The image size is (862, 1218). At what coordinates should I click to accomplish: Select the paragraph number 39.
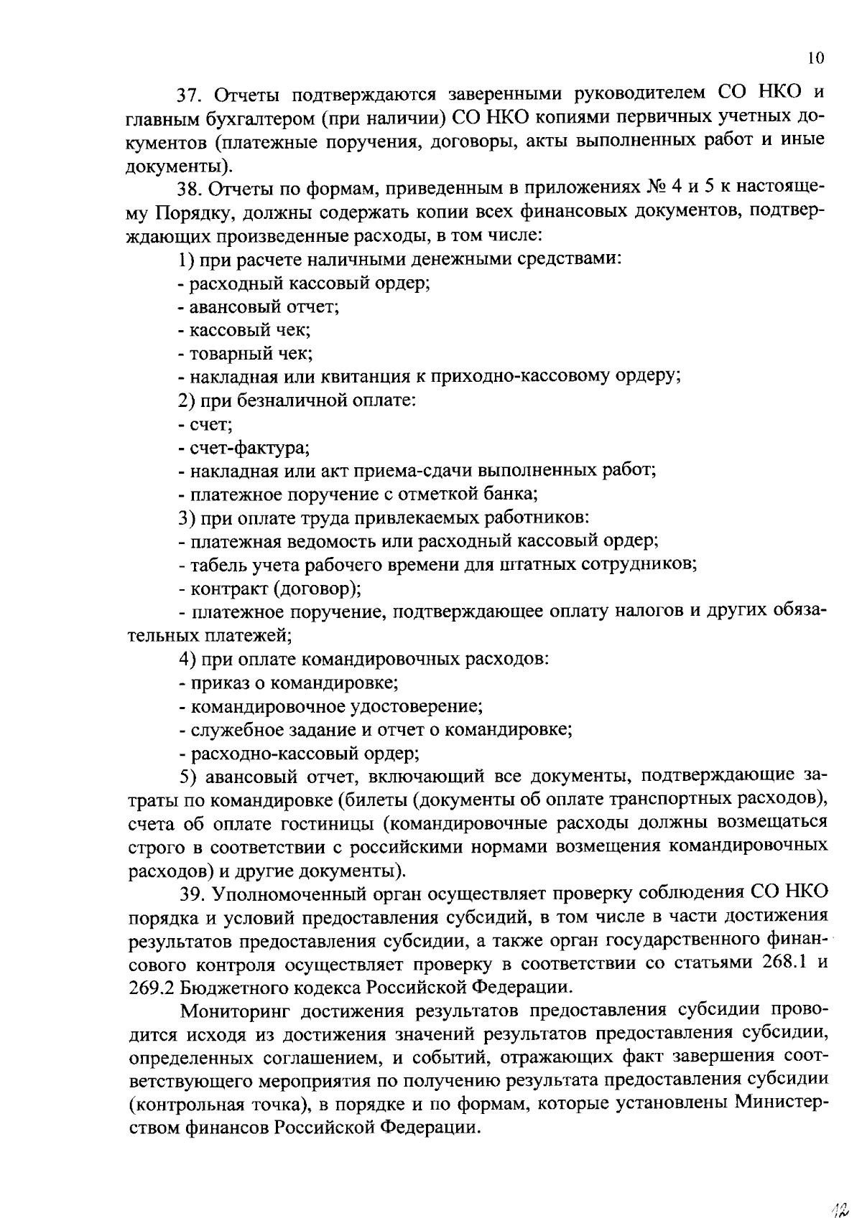tap(191, 893)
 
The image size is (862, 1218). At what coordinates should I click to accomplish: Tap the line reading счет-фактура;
tap(244, 449)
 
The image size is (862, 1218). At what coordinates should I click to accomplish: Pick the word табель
tap(215, 565)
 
